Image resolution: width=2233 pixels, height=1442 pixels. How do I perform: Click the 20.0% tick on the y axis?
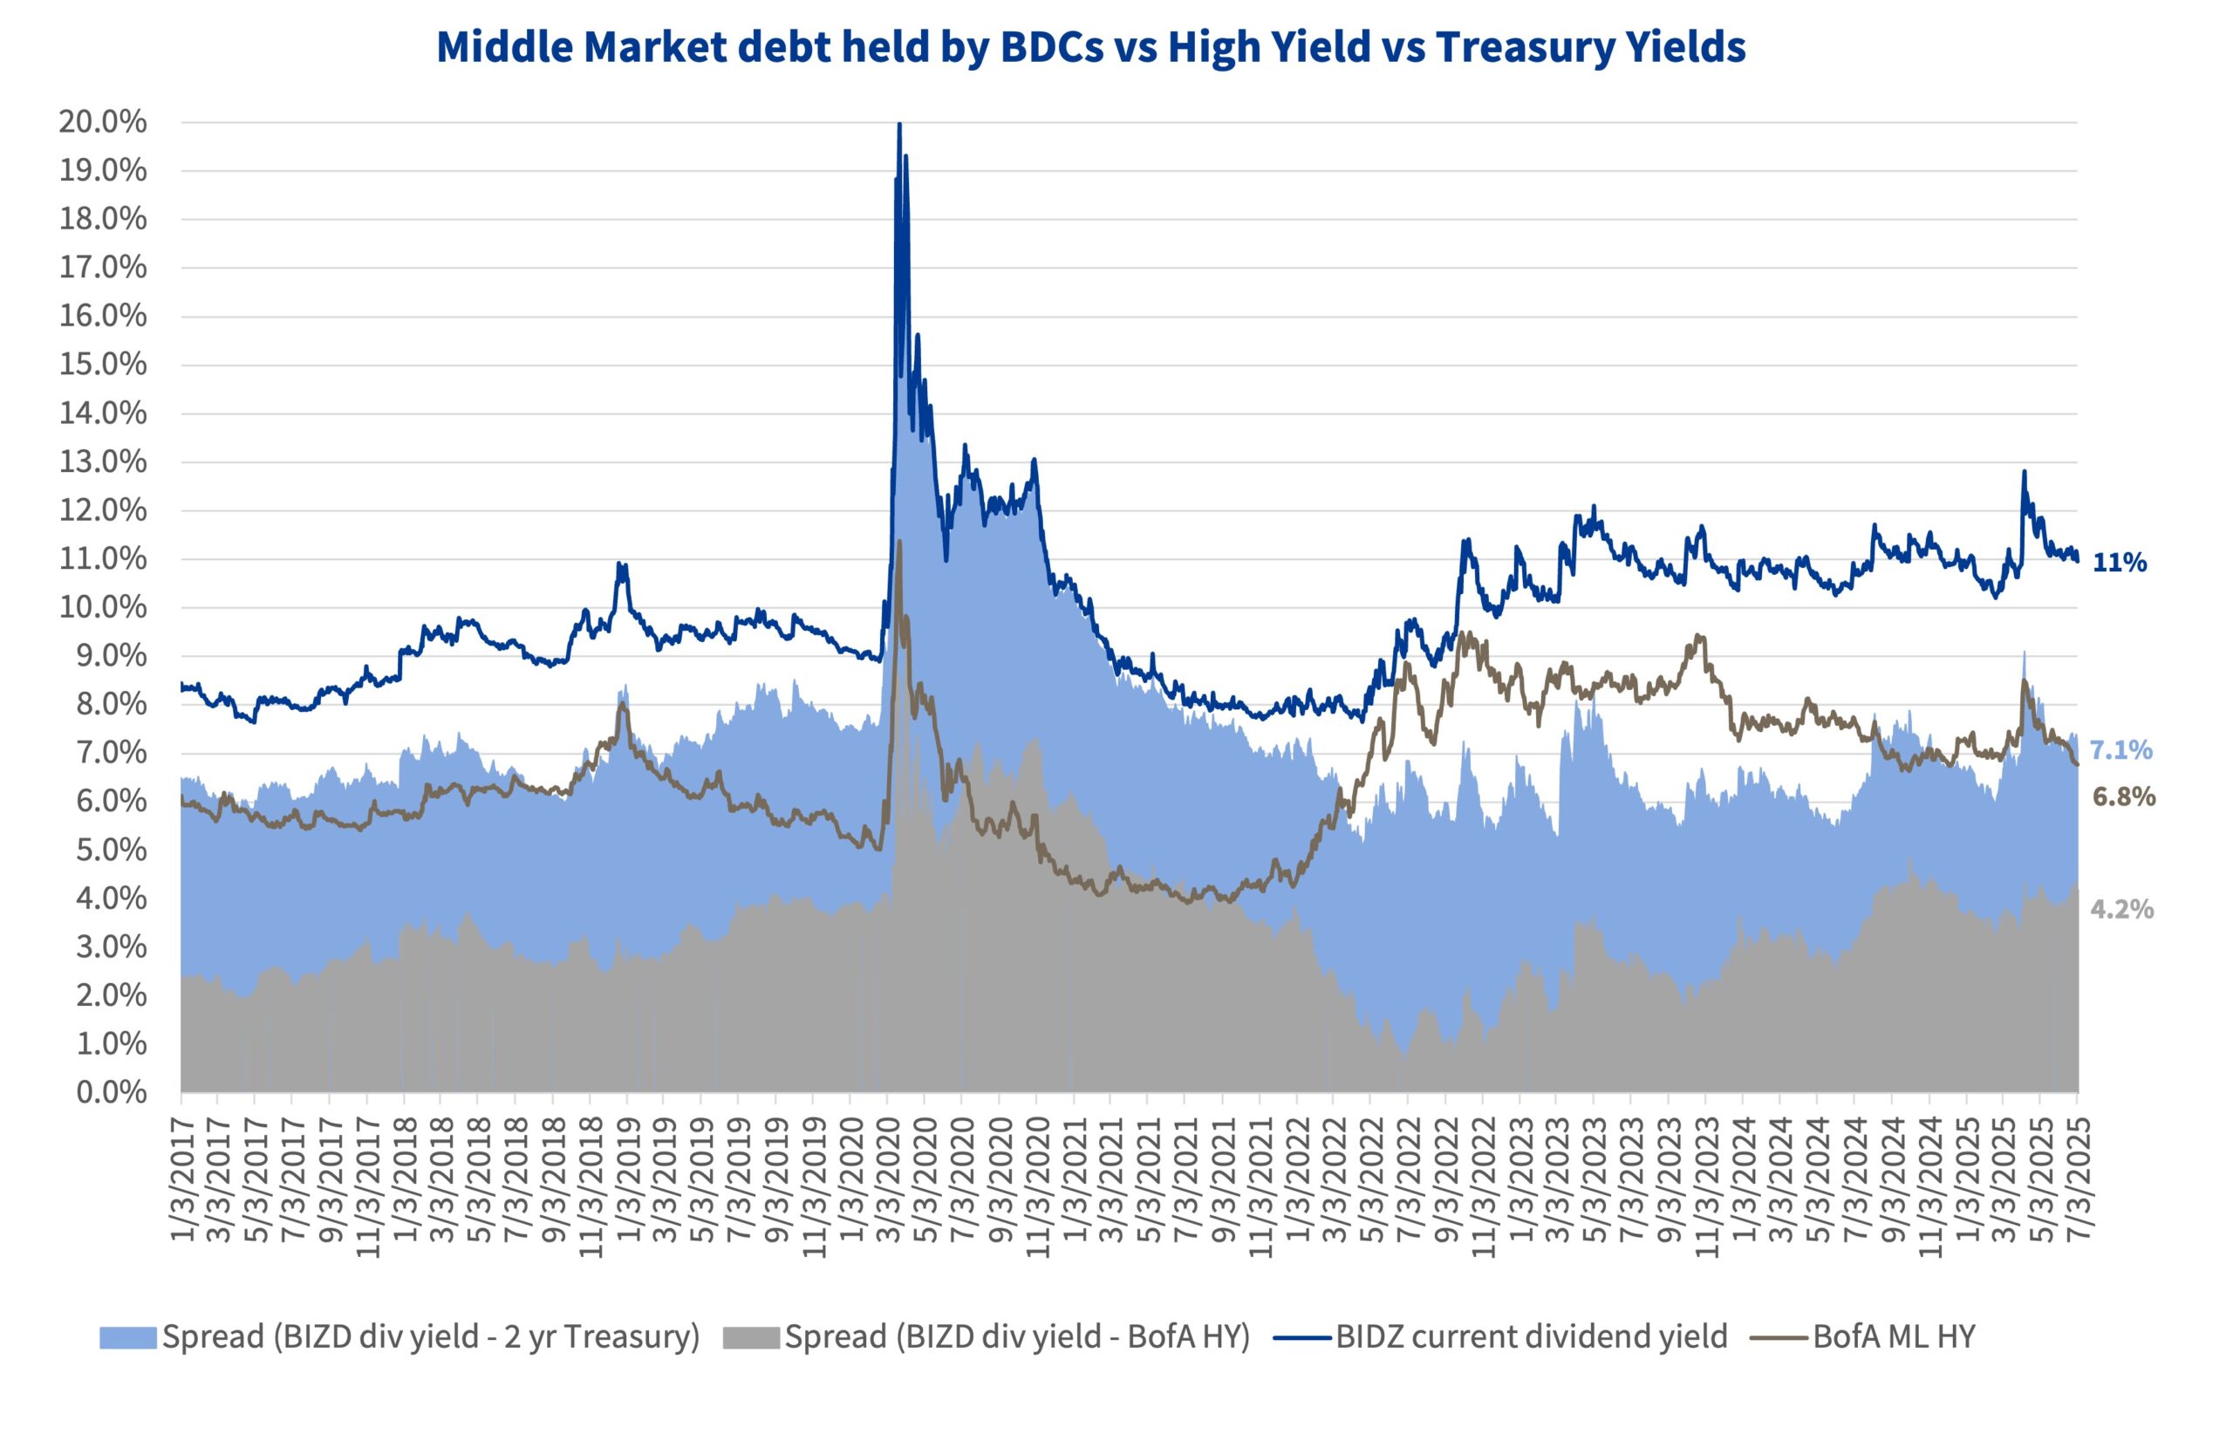click(x=102, y=122)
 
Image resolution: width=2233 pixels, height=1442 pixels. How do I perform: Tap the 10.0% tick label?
click(x=102, y=607)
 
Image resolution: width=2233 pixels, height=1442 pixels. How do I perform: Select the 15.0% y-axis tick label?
click(x=102, y=365)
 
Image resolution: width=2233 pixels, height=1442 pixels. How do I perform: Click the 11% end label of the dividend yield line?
click(x=2120, y=563)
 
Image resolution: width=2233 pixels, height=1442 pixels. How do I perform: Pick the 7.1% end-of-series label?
click(x=2121, y=750)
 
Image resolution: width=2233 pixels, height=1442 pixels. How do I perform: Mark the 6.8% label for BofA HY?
click(x=2123, y=796)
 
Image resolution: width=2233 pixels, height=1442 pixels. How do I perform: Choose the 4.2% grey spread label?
click(x=2121, y=909)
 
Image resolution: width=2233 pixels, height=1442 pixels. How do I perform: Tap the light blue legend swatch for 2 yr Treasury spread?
click(x=127, y=1337)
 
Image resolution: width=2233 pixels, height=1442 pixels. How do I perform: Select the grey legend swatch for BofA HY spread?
click(x=750, y=1337)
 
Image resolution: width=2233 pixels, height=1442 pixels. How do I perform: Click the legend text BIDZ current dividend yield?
click(x=1531, y=1336)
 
